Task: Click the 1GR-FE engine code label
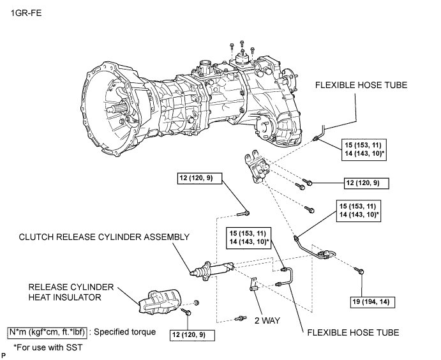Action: coord(26,13)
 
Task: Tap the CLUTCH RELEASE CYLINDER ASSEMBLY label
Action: coord(104,237)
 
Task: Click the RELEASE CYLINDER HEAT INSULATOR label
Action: coord(71,292)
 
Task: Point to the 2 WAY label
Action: coord(267,320)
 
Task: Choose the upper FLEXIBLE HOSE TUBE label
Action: coord(361,86)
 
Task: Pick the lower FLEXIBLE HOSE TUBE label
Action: coord(353,333)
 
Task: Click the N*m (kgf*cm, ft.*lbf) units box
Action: coord(47,332)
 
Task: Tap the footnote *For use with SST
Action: coord(48,348)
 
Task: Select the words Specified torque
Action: coord(125,332)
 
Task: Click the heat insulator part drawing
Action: coord(159,301)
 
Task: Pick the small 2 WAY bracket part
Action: coord(253,284)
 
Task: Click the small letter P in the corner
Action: coord(4,356)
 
